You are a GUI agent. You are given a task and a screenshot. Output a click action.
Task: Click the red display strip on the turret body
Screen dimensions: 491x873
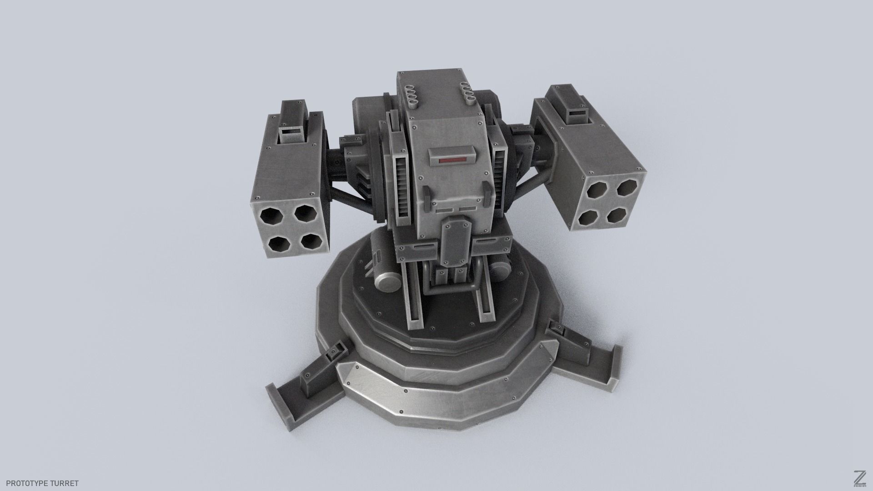[x=451, y=160]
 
